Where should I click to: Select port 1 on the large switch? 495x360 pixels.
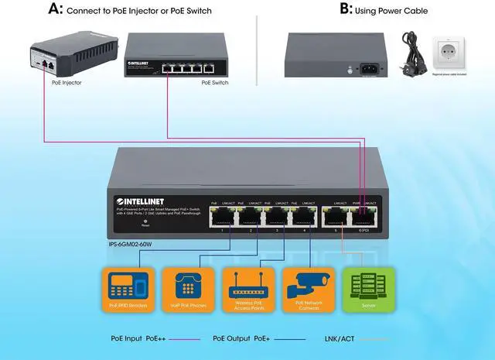(222, 218)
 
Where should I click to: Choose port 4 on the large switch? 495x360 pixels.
(307, 218)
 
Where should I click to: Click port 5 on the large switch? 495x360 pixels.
(336, 218)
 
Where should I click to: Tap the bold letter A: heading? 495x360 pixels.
(55, 10)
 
